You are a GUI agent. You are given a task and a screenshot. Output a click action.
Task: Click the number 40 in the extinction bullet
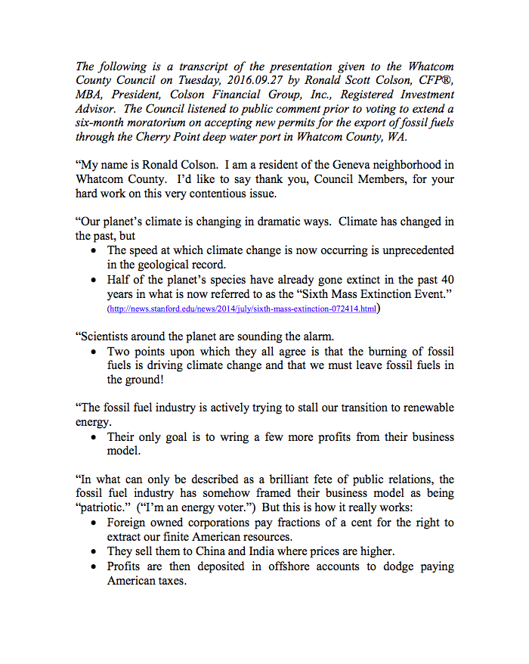446,279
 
